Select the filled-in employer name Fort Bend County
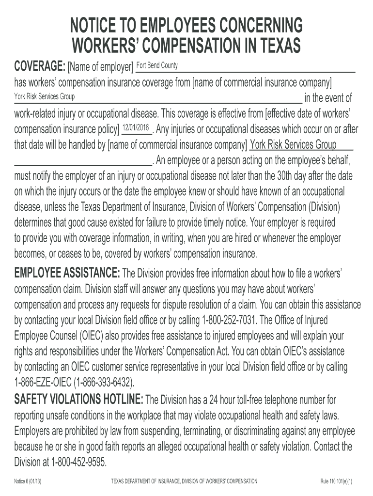tap(157, 65)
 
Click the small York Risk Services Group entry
tap(44, 96)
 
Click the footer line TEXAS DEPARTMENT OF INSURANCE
tap(184, 481)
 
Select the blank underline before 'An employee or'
tap(83, 161)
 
